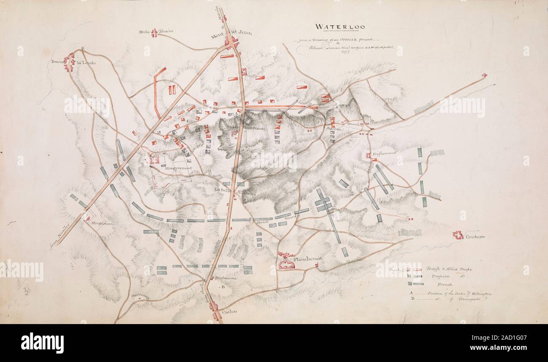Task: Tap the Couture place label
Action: (475, 237)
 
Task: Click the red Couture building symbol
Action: (458, 235)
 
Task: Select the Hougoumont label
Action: (179, 168)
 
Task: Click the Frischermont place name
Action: (384, 153)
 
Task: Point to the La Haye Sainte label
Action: (248, 127)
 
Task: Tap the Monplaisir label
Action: (102, 223)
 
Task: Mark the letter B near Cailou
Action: (223, 287)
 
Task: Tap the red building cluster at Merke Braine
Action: (155, 32)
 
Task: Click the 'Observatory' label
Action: (140, 296)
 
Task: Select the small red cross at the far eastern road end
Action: (484, 75)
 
